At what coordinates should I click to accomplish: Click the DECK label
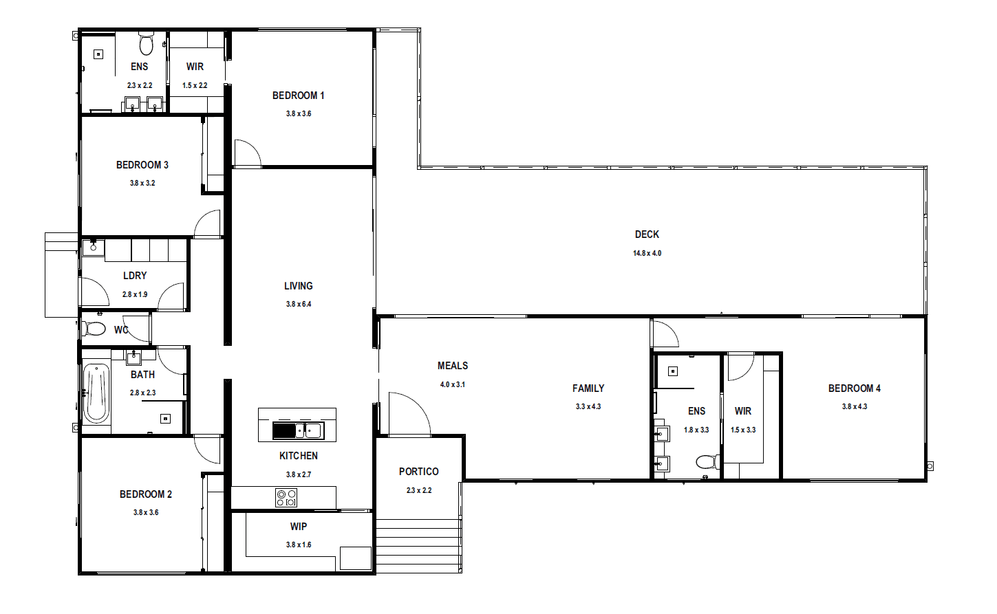pyautogui.click(x=647, y=234)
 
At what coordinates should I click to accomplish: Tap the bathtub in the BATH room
pyautogui.click(x=96, y=393)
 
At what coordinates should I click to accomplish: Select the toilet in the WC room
pyautogui.click(x=94, y=329)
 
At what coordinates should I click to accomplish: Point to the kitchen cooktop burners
pyautogui.click(x=286, y=498)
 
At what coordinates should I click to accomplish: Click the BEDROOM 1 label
pyautogui.click(x=298, y=96)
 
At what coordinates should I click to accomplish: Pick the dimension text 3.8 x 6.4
pyautogui.click(x=299, y=305)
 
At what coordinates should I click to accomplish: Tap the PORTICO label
pyautogui.click(x=419, y=472)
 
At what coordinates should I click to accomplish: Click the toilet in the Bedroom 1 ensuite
pyautogui.click(x=146, y=43)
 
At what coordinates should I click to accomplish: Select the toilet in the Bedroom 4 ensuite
pyautogui.click(x=708, y=461)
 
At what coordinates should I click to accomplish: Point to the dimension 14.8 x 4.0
pyautogui.click(x=647, y=253)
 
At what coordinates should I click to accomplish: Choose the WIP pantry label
pyautogui.click(x=298, y=527)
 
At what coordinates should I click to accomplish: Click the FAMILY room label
pyautogui.click(x=588, y=388)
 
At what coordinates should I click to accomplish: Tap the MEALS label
pyautogui.click(x=453, y=366)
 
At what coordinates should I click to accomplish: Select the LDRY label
pyautogui.click(x=135, y=276)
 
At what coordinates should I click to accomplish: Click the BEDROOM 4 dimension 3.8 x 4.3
pyautogui.click(x=855, y=406)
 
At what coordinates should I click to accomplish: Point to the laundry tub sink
pyautogui.click(x=94, y=248)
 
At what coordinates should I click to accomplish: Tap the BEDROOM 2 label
pyautogui.click(x=146, y=494)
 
